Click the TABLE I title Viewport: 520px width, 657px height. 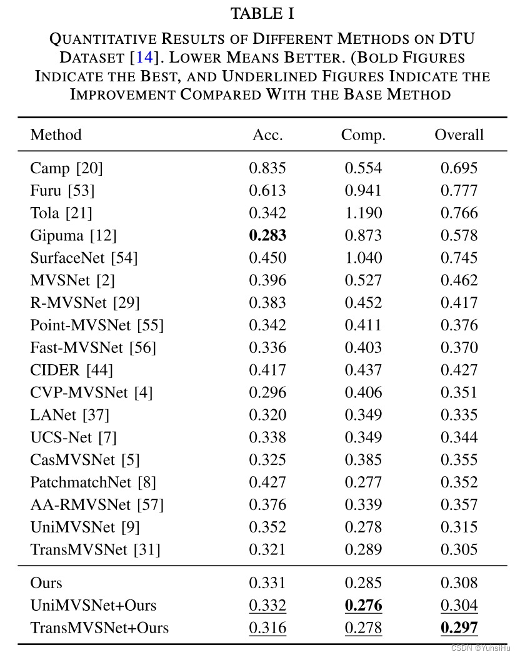coord(262,13)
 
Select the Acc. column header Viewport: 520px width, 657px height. coord(267,135)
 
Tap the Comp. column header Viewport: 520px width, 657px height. coord(363,135)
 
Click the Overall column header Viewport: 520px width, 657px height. coord(459,135)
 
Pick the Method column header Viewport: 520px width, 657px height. coord(56,135)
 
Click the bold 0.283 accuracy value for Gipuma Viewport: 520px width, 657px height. coord(267,235)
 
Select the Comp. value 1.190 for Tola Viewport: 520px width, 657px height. coord(363,213)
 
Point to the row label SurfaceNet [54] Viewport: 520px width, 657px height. coord(84,258)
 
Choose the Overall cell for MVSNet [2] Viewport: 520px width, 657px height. coord(459,280)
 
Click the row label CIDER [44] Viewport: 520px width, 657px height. coord(71,370)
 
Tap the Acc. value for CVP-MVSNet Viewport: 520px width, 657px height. coord(267,392)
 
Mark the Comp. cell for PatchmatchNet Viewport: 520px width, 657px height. coord(363,482)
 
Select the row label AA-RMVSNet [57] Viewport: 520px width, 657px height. coord(88,505)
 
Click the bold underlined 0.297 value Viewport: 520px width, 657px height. coord(459,628)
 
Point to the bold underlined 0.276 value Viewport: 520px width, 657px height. coord(363,605)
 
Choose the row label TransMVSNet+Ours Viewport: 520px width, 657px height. coord(99,628)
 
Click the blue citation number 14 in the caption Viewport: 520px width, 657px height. coord(144,57)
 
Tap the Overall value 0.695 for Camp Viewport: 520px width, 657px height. coord(459,168)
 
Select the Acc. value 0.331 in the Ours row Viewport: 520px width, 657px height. coord(267,583)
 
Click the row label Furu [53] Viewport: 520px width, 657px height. coord(62,190)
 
